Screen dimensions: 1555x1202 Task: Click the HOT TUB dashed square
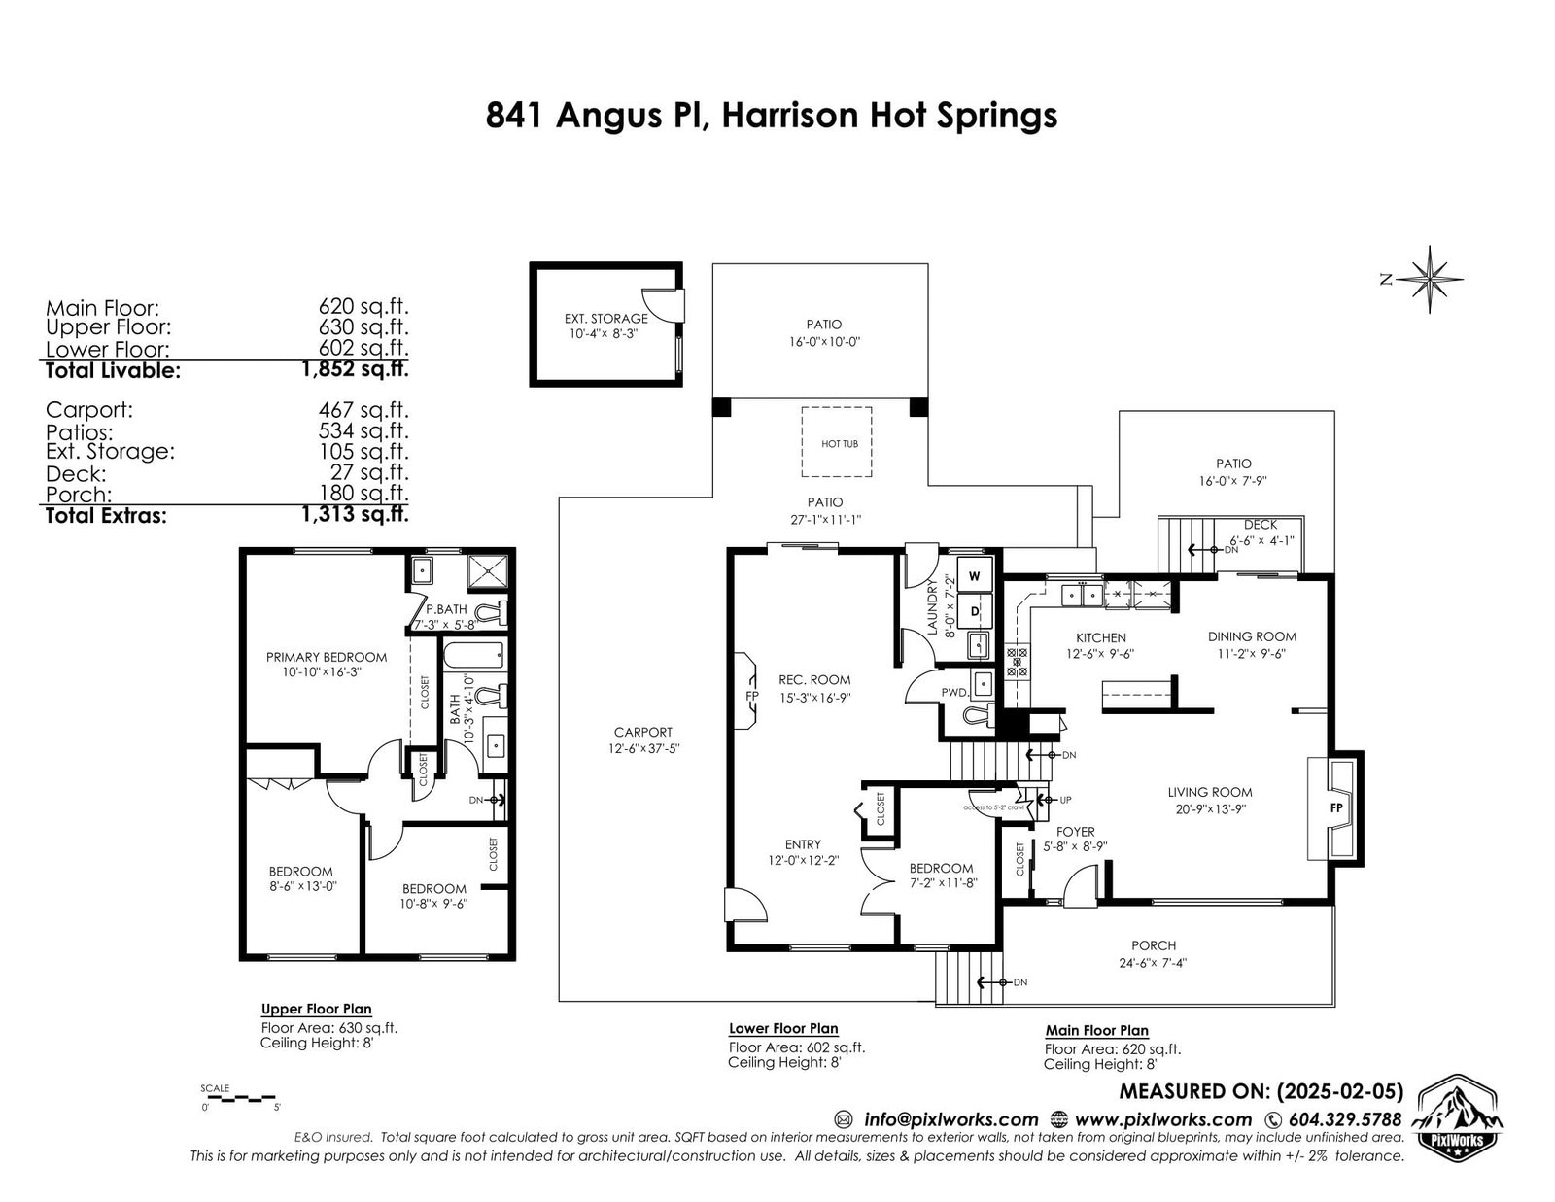(x=836, y=441)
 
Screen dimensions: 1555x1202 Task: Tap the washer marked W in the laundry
(x=975, y=575)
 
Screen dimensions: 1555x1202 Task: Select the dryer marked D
(x=975, y=611)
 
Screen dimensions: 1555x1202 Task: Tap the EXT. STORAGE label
(x=605, y=319)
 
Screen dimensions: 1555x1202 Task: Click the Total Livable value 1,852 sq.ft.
(x=355, y=369)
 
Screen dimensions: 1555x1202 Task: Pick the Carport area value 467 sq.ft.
(x=363, y=410)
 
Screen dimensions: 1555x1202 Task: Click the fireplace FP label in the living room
(x=1336, y=807)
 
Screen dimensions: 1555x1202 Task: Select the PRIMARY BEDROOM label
(x=327, y=657)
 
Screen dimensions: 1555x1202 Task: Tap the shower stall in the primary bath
(x=487, y=571)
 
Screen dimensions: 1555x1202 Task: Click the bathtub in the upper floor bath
(x=473, y=655)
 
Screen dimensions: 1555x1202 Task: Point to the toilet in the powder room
(x=979, y=713)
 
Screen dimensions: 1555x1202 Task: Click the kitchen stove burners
(x=1017, y=662)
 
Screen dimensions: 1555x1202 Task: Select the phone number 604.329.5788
(x=1345, y=1119)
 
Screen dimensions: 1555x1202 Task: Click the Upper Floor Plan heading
(x=316, y=1009)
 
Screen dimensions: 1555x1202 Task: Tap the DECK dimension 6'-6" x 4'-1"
(x=1261, y=541)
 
